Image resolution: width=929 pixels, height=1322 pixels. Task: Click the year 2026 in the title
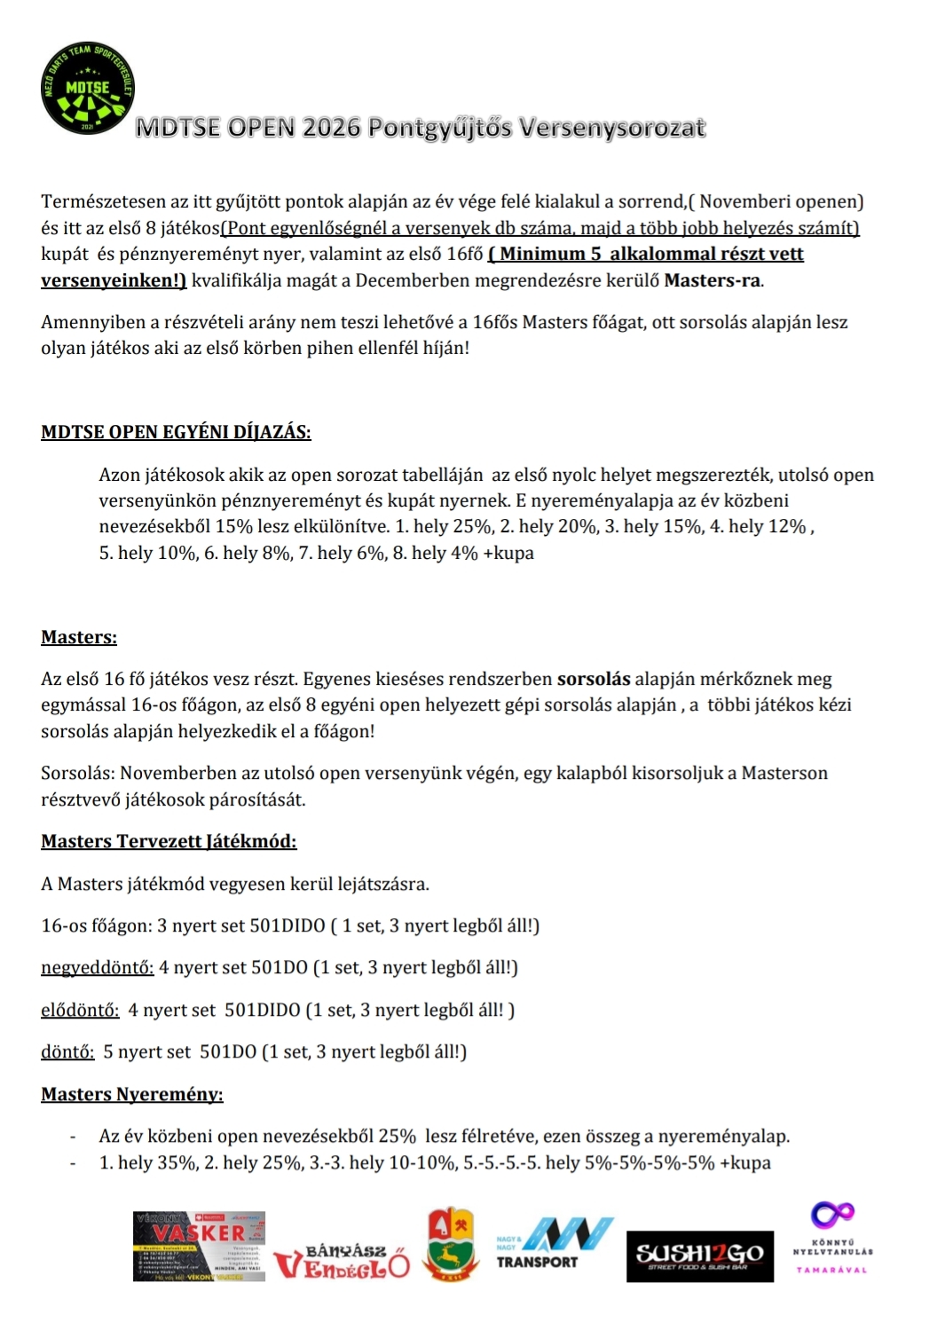[331, 129]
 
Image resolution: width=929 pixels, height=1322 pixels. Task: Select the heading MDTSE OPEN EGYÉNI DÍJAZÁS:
[176, 433]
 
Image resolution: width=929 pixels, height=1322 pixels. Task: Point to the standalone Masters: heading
[79, 637]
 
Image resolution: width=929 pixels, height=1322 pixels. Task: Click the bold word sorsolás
[594, 680]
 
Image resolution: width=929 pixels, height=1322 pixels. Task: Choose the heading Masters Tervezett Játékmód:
[169, 841]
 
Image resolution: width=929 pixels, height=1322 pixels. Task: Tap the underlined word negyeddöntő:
[98, 967]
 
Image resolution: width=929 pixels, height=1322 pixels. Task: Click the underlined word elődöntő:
[80, 1010]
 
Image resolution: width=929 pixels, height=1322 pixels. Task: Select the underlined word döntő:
[67, 1052]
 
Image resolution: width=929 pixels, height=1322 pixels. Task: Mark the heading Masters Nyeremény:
[132, 1095]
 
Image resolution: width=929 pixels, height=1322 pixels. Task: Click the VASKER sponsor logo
[200, 1246]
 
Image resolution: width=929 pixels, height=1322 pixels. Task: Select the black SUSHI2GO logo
[699, 1255]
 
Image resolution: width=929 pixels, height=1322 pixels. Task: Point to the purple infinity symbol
[832, 1213]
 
